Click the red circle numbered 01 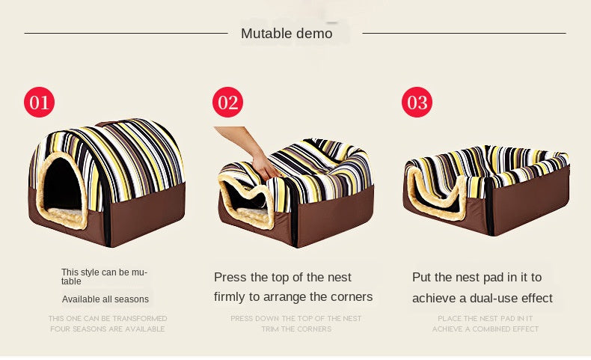coord(39,102)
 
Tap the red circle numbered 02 coord(227,102)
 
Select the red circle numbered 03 coord(417,102)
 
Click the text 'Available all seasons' coord(105,299)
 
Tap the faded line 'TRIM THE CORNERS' coord(297,329)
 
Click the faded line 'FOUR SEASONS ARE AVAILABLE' coord(108,329)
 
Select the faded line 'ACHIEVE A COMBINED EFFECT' coord(486,329)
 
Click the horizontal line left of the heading coord(126,33)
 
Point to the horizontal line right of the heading coord(464,33)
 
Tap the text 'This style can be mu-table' coord(105,277)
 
